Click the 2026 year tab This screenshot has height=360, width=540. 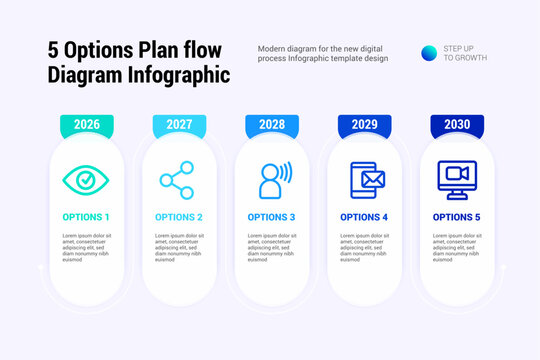(87, 125)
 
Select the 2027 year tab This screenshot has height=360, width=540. (179, 125)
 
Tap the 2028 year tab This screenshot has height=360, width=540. (272, 125)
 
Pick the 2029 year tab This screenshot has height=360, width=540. (364, 125)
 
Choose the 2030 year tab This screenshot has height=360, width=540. (457, 125)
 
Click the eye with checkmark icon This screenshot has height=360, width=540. (86, 180)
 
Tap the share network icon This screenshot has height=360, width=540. (178, 180)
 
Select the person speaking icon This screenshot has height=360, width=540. (272, 180)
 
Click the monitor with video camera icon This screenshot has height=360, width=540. (457, 180)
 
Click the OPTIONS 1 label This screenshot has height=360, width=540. (86, 217)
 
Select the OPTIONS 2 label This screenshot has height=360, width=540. (179, 217)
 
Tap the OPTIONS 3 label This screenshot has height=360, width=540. (271, 217)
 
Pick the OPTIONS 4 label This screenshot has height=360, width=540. (364, 217)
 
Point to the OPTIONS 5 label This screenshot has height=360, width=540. (457, 217)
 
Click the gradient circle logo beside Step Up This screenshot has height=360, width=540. (428, 53)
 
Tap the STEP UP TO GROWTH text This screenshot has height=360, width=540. (465, 53)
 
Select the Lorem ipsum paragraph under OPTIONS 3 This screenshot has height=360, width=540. (271, 247)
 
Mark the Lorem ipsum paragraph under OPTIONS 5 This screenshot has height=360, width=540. (457, 247)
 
